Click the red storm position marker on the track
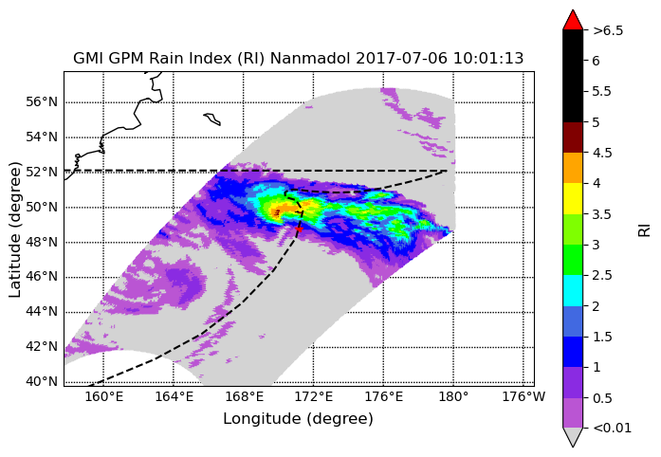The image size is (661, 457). click(x=299, y=228)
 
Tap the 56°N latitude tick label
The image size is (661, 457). click(x=42, y=102)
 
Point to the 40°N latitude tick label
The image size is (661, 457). click(x=42, y=381)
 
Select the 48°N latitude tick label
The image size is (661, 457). click(x=42, y=242)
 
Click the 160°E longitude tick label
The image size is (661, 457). click(x=103, y=397)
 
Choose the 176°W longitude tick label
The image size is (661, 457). click(x=523, y=397)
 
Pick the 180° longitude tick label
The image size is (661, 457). click(x=453, y=397)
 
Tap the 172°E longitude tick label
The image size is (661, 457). click(x=314, y=397)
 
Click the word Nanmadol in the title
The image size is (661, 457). click(x=310, y=58)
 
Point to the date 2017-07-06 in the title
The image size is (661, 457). click(x=401, y=58)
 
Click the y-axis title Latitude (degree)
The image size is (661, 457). click(x=14, y=229)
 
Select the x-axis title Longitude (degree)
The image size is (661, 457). click(x=298, y=419)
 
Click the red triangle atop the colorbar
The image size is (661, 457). click(x=573, y=20)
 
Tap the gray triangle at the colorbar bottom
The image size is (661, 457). click(x=573, y=437)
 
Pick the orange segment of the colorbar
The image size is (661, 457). click(x=573, y=168)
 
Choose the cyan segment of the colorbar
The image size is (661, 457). click(x=573, y=290)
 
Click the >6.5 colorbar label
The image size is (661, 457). click(x=608, y=30)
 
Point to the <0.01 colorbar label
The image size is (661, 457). click(x=612, y=429)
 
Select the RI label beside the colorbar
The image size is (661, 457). click(x=645, y=230)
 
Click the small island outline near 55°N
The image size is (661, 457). click(x=212, y=119)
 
